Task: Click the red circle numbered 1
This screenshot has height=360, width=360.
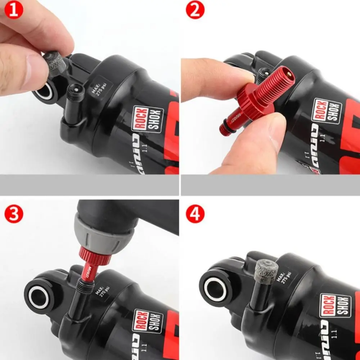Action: pos(14,10)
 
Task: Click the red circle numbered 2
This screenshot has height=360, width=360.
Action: pos(195,10)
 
